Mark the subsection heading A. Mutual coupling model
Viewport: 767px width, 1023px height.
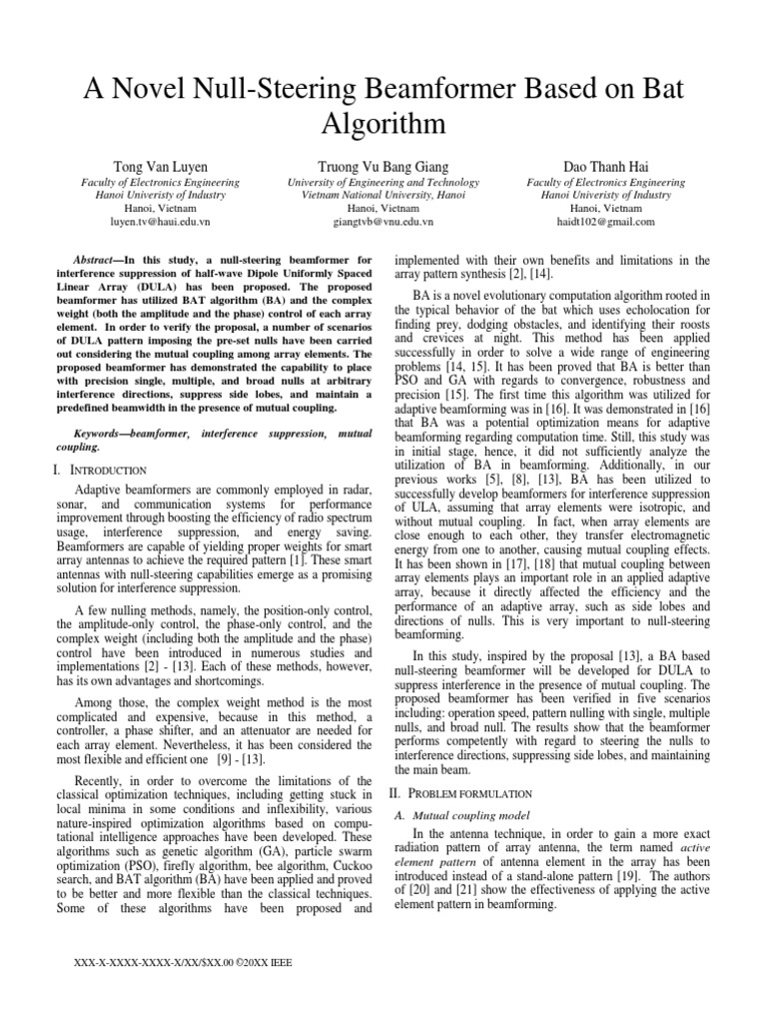(459, 816)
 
